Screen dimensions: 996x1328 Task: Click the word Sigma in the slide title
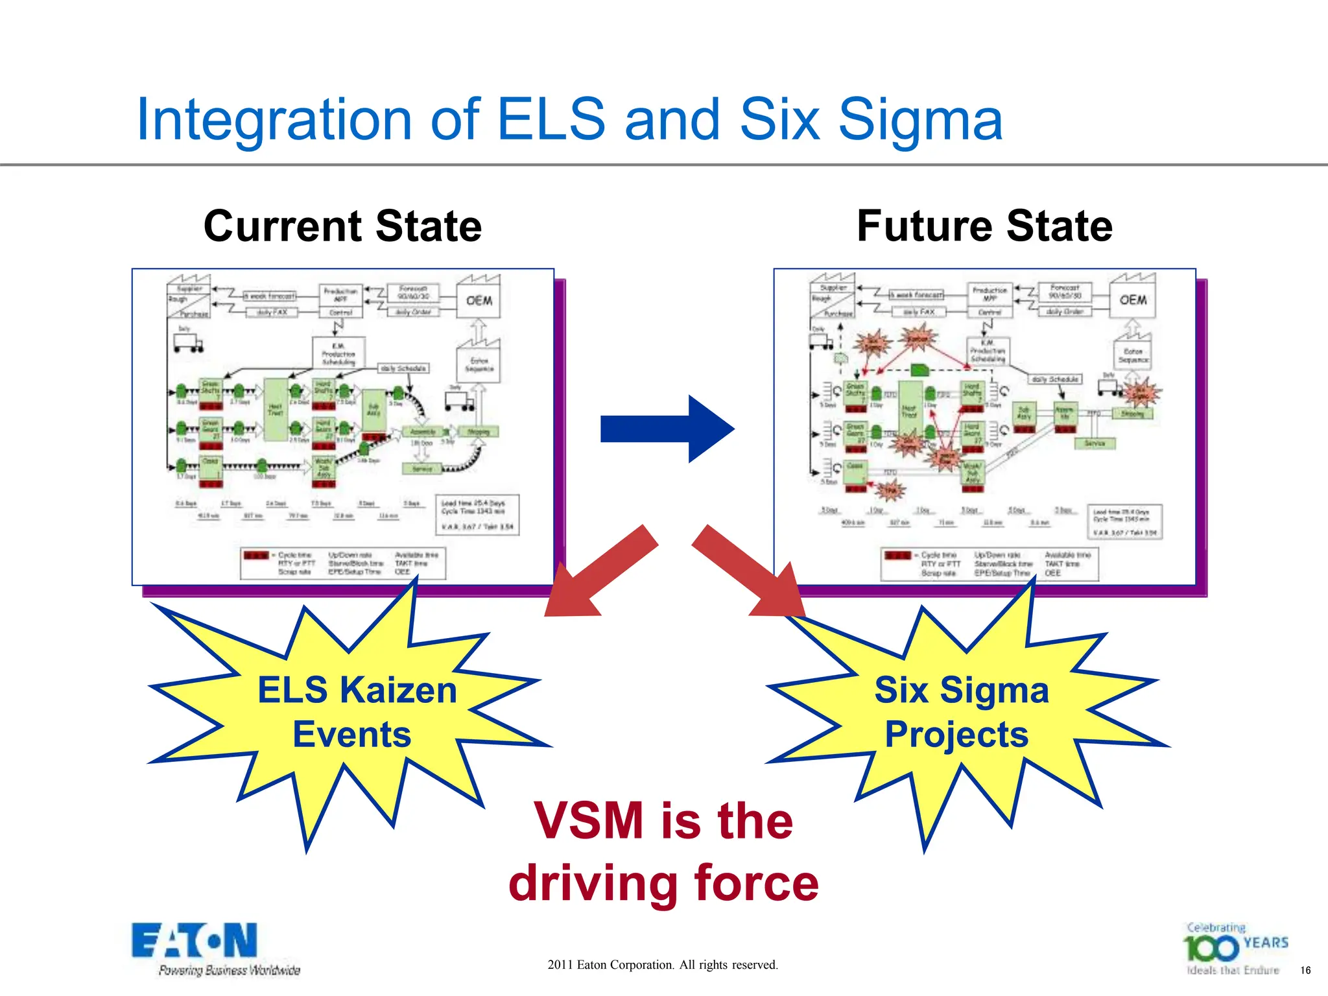pos(921,120)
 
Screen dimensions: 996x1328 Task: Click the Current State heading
pos(342,226)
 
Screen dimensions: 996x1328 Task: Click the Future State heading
pos(984,226)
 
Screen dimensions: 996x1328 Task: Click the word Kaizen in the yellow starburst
pos(398,690)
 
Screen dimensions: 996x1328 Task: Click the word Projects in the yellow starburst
pos(956,735)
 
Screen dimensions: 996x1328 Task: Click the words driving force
pos(663,883)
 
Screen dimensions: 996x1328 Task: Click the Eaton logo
pos(195,941)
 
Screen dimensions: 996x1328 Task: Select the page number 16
pos(1305,971)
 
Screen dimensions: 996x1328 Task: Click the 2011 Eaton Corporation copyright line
pos(663,965)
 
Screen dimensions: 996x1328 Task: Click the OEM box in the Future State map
pos(1132,300)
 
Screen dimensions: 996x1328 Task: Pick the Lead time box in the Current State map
pos(477,515)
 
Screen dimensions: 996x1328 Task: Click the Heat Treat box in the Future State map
pos(909,412)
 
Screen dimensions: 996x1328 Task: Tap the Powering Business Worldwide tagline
pos(230,971)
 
